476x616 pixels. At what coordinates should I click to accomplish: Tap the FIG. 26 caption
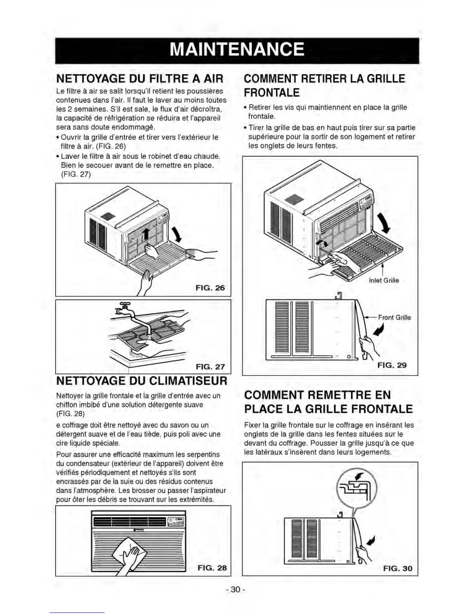point(210,288)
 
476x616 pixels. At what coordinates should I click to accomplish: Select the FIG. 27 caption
point(210,367)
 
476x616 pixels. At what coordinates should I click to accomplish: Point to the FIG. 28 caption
point(212,568)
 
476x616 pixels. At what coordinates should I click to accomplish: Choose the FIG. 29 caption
point(392,365)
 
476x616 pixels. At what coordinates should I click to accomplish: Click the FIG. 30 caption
point(397,569)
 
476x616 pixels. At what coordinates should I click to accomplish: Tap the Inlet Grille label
point(383,280)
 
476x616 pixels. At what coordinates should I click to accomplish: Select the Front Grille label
point(394,317)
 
